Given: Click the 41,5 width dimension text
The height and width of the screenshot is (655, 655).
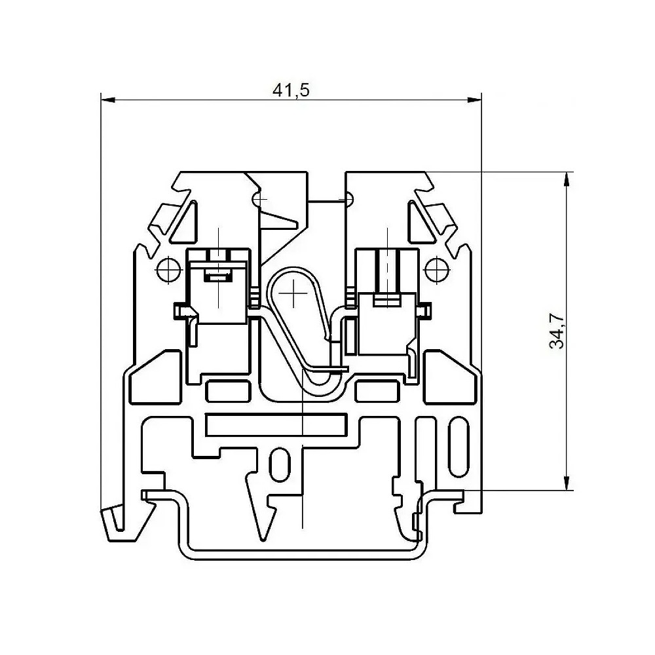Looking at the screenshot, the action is (x=291, y=90).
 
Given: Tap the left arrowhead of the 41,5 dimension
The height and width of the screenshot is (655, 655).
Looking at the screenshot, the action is (x=108, y=100).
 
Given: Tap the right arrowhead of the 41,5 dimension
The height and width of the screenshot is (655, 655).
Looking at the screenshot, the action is (x=474, y=100).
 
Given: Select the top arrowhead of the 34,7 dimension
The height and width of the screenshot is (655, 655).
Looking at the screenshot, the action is (x=566, y=179).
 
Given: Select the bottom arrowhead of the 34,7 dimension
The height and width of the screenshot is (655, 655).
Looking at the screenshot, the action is (x=566, y=483).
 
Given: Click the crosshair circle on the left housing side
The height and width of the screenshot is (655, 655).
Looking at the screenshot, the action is (x=169, y=270).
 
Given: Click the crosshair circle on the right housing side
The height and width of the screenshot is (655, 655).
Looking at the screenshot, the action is (x=437, y=270).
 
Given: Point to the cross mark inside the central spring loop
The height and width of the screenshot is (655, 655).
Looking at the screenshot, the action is (x=293, y=293).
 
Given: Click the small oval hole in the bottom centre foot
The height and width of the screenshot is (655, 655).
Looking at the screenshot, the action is (x=279, y=465).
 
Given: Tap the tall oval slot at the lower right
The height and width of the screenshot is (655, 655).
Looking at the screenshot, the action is (x=458, y=447).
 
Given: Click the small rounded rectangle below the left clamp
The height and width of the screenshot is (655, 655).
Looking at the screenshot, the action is (x=228, y=392).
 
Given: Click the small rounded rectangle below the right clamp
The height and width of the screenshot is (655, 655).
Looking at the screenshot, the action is (x=377, y=392).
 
